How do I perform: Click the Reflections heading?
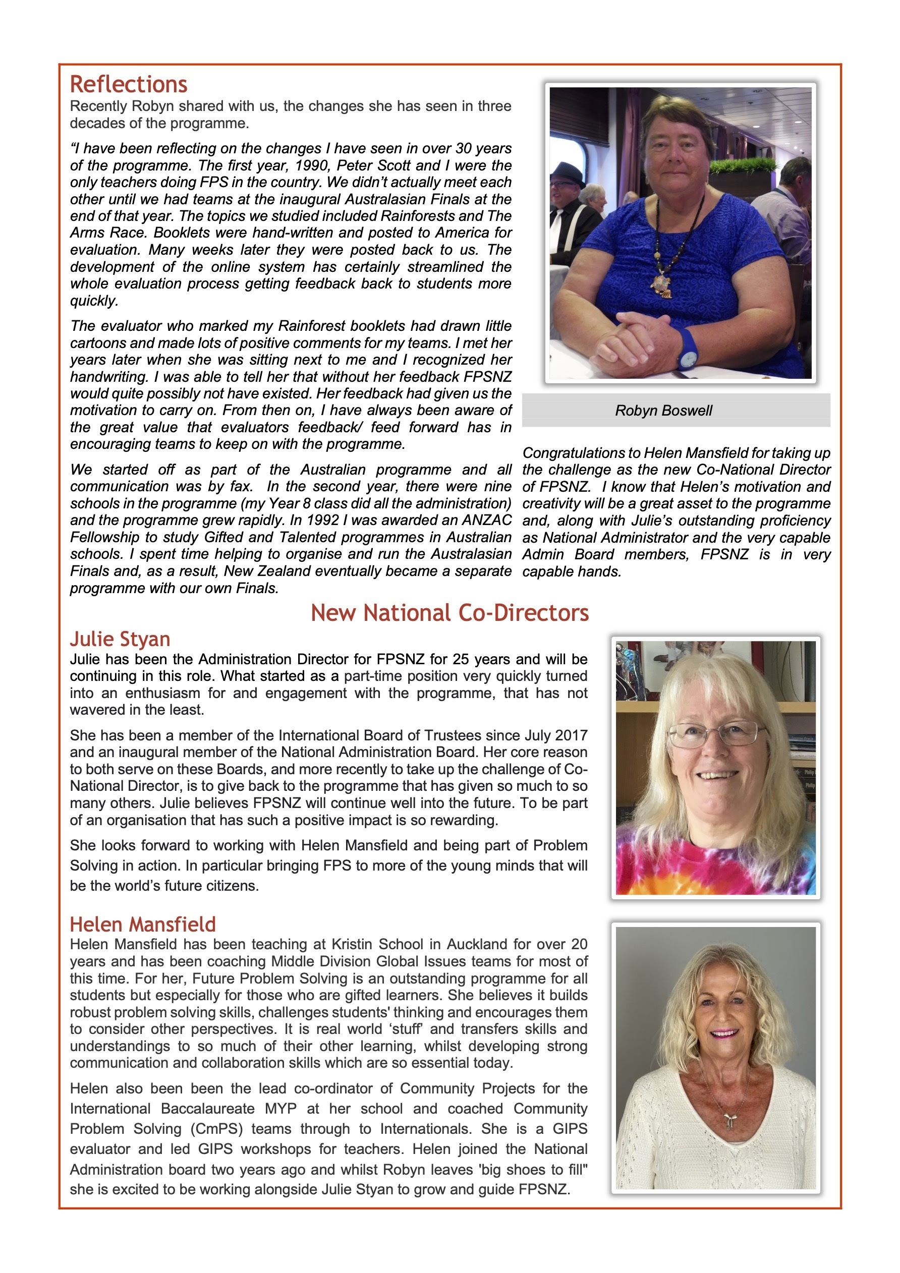click(x=129, y=84)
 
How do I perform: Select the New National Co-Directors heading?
click(x=449, y=613)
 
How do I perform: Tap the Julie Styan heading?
click(x=120, y=639)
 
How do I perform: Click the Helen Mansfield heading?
click(x=142, y=924)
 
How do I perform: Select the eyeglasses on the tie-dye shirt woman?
click(x=715, y=735)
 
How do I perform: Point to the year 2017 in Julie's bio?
click(x=571, y=735)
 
